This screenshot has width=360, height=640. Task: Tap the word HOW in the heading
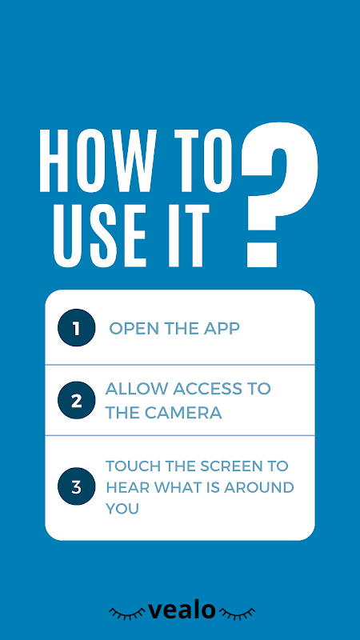click(x=98, y=161)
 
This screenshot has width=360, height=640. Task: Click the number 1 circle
click(x=76, y=328)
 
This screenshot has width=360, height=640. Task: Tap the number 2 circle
click(x=76, y=400)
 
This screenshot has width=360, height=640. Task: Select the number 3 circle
click(x=76, y=486)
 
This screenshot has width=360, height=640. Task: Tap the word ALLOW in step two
click(x=137, y=389)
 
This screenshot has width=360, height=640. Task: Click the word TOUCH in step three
click(x=132, y=466)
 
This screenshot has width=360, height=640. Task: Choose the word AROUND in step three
click(x=258, y=487)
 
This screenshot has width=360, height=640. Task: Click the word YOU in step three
click(x=122, y=509)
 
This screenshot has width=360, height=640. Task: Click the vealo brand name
click(x=182, y=610)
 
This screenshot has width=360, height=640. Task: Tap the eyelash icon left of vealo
click(x=127, y=613)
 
